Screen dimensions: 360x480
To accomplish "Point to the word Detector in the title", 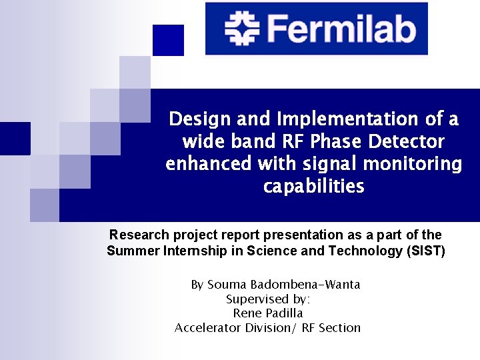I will tap(408, 141).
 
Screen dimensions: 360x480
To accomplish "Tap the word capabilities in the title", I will tap(314, 186).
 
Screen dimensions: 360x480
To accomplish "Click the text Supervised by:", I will tap(268, 299).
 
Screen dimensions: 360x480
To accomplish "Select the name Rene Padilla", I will tap(268, 313).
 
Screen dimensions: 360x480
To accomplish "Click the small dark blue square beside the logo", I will tap(168, 40).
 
